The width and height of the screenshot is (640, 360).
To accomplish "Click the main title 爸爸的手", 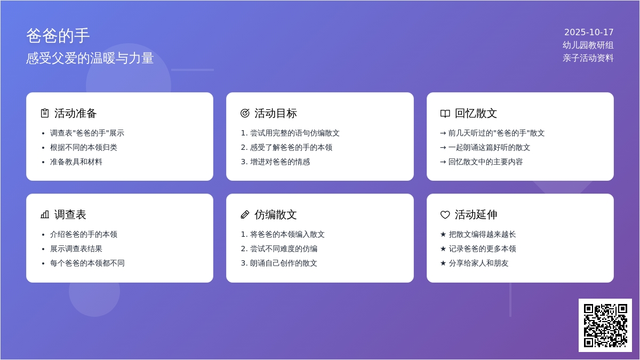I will [58, 36].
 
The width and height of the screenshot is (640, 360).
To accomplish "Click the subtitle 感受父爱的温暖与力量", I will [90, 58].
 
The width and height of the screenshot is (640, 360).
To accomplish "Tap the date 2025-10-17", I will [589, 32].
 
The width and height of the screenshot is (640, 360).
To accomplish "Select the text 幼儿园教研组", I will [588, 45].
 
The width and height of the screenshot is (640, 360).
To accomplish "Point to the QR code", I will [605, 325].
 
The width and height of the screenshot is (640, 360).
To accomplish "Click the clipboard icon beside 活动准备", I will [45, 113].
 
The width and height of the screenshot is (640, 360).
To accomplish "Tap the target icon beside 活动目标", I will [245, 113].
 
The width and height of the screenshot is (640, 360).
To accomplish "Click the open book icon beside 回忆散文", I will [445, 113].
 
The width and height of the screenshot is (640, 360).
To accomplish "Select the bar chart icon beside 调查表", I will [45, 214].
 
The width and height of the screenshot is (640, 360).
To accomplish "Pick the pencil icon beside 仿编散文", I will [245, 214].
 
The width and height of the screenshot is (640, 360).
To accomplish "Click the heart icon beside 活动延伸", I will [445, 214].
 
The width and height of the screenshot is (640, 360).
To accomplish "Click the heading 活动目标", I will [275, 113].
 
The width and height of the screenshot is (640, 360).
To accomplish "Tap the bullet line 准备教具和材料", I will [76, 162].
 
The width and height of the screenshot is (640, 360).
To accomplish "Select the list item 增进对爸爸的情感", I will [280, 162].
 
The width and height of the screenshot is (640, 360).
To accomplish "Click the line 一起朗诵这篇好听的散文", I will [489, 147].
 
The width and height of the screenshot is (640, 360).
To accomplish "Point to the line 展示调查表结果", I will [76, 249].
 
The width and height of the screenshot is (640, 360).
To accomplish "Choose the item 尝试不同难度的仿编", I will [284, 249].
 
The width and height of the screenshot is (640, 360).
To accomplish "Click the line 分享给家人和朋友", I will [478, 263].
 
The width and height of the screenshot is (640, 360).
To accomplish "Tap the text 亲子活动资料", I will [588, 58].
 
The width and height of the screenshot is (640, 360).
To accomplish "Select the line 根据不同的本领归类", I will [84, 147].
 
